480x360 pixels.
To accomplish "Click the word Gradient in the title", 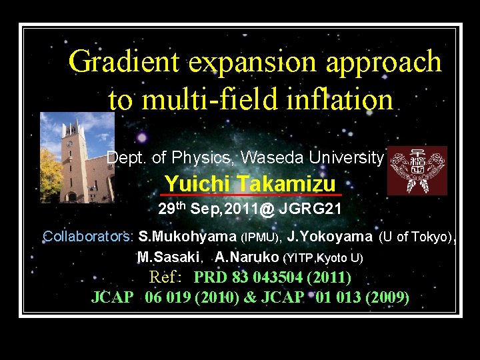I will (x=125, y=62).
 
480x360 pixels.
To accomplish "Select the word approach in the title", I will (x=384, y=62).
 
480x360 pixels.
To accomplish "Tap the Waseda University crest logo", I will (x=417, y=171).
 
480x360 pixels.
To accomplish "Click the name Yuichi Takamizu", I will (x=250, y=183).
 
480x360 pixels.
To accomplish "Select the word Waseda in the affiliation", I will (x=269, y=158).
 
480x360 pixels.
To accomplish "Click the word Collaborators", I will (x=88, y=237).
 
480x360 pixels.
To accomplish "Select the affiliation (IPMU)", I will (x=261, y=237).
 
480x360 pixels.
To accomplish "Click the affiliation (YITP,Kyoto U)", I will (x=323, y=257).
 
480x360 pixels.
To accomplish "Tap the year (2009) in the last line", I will (x=387, y=297).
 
